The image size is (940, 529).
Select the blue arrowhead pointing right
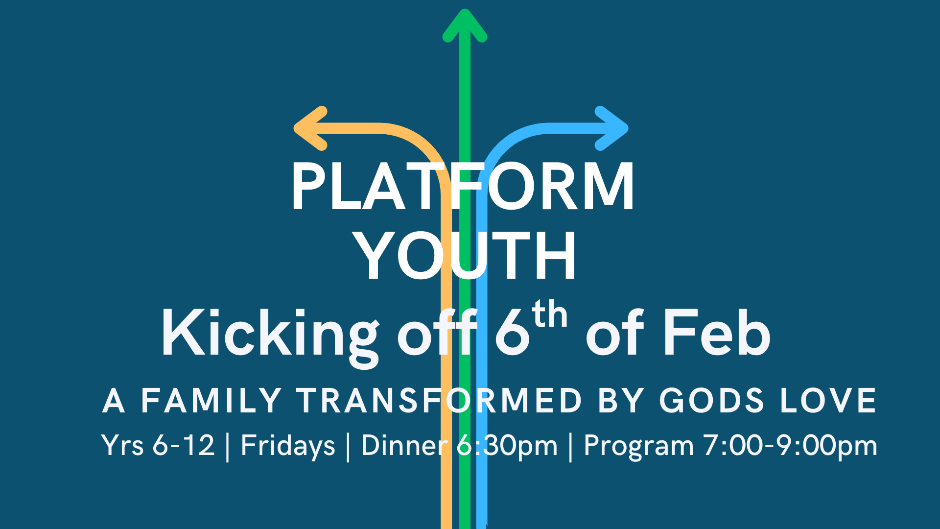612,128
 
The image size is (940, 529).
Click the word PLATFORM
463,187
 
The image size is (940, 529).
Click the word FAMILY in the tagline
211,401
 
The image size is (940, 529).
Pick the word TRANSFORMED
439,401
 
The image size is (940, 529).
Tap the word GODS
711,401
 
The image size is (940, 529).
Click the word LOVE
828,401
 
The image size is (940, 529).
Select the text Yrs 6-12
158,446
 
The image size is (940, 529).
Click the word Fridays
288,446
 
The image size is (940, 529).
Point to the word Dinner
404,446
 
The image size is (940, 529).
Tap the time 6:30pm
507,446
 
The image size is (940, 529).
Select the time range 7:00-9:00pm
790,446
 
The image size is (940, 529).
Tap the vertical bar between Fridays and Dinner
348,447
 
